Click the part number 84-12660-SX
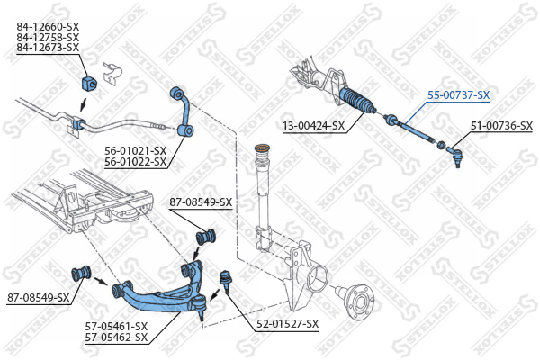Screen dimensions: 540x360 (x=48, y=26)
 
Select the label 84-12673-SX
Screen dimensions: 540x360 (x=48, y=48)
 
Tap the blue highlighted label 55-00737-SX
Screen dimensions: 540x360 (x=458, y=95)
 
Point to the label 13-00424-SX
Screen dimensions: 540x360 (x=314, y=126)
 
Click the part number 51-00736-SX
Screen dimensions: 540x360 (x=502, y=126)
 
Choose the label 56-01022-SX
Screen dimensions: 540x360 (x=135, y=162)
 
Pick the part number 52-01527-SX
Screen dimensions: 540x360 (x=288, y=324)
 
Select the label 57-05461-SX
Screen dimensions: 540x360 (x=116, y=326)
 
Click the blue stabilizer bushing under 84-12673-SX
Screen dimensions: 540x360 (x=89, y=84)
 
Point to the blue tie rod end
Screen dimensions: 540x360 (x=454, y=156)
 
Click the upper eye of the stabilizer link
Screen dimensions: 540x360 (x=176, y=93)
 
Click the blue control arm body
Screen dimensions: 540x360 (x=162, y=297)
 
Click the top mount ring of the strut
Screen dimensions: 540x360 (x=262, y=148)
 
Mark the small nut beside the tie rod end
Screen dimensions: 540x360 (x=440, y=145)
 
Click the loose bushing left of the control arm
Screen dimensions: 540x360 (x=81, y=274)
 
